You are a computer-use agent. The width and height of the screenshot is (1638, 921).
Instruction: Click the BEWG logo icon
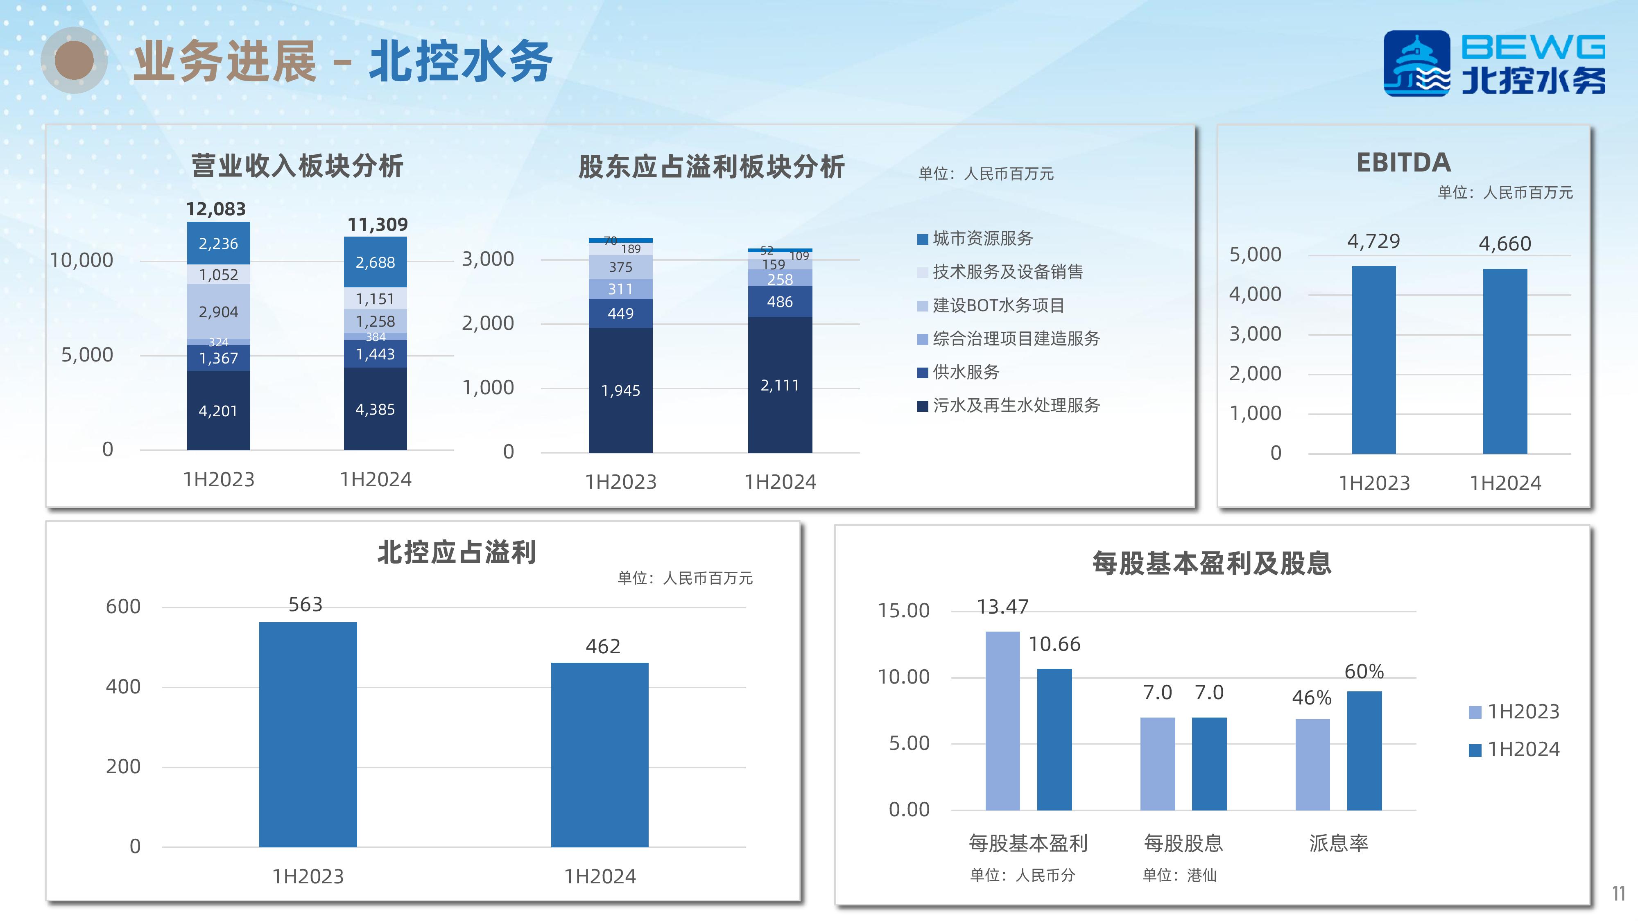pyautogui.click(x=1417, y=63)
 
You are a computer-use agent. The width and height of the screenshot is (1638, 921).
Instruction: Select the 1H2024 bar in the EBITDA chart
pyautogui.click(x=1505, y=361)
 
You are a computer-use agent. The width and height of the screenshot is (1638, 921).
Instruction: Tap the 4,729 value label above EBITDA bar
pyautogui.click(x=1373, y=242)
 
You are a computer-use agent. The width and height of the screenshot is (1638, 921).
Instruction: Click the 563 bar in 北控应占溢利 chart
pyautogui.click(x=308, y=734)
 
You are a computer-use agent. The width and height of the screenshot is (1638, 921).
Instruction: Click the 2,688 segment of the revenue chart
pyautogui.click(x=375, y=262)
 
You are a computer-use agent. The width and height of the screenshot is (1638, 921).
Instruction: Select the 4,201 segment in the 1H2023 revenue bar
pyautogui.click(x=218, y=410)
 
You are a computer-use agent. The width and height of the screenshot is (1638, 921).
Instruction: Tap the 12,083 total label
pyautogui.click(x=215, y=209)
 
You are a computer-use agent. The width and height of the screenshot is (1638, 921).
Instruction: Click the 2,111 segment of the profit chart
pyautogui.click(x=780, y=384)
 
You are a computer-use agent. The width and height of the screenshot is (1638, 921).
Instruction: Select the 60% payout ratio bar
pyautogui.click(x=1364, y=751)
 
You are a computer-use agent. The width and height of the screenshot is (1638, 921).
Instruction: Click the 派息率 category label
pyautogui.click(x=1339, y=844)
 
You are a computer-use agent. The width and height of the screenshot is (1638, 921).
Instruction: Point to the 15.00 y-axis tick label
pyautogui.click(x=904, y=611)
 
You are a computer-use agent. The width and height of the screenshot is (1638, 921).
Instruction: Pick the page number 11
pyautogui.click(x=1618, y=894)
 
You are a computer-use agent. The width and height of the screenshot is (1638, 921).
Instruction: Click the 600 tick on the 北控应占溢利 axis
pyautogui.click(x=123, y=606)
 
